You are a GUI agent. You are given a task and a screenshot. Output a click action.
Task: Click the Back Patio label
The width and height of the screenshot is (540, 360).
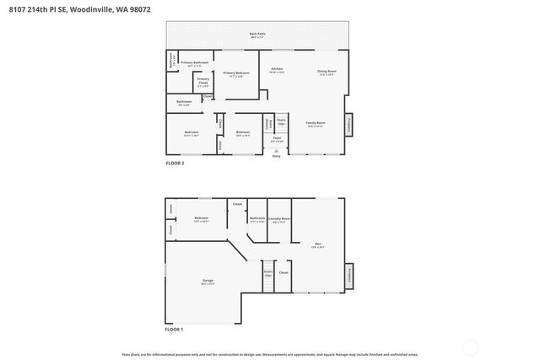pyautogui.click(x=256, y=35)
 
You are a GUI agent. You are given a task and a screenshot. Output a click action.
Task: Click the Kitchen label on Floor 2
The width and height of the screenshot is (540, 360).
pyautogui.click(x=277, y=71)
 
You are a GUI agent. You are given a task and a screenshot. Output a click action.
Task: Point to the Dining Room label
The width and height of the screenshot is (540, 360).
pyautogui.click(x=327, y=73)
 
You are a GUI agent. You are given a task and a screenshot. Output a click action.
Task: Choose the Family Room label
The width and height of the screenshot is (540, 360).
pyautogui.click(x=316, y=124)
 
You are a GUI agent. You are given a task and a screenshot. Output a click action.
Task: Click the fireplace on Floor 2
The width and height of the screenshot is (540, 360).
pyautogui.click(x=350, y=125)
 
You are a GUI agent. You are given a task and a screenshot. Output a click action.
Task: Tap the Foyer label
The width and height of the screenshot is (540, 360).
pyautogui.click(x=276, y=138)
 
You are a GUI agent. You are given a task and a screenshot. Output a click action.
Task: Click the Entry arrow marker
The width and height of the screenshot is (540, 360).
pyautogui.click(x=276, y=151)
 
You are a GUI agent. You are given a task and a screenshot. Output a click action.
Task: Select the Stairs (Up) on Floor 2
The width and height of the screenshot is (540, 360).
pyautogui.click(x=282, y=122)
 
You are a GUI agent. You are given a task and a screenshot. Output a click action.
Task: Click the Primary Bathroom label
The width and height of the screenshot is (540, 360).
pyautogui.click(x=194, y=63)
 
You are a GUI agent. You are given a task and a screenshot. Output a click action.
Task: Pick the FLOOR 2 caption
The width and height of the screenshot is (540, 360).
pyautogui.click(x=174, y=163)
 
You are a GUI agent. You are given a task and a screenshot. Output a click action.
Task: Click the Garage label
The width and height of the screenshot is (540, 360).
pyautogui.click(x=207, y=281)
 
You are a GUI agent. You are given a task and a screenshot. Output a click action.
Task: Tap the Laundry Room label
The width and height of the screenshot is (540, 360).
pyautogui.click(x=280, y=219)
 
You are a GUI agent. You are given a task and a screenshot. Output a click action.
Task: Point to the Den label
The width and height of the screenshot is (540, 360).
pyautogui.click(x=317, y=244)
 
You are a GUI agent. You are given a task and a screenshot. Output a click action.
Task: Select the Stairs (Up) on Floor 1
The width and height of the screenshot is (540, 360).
pyautogui.click(x=268, y=274)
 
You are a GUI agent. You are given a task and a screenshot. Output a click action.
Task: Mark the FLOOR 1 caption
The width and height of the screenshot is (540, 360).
pyautogui.click(x=173, y=329)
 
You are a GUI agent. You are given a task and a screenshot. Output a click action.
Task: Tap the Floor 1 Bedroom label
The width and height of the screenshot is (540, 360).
pyautogui.click(x=201, y=219)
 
